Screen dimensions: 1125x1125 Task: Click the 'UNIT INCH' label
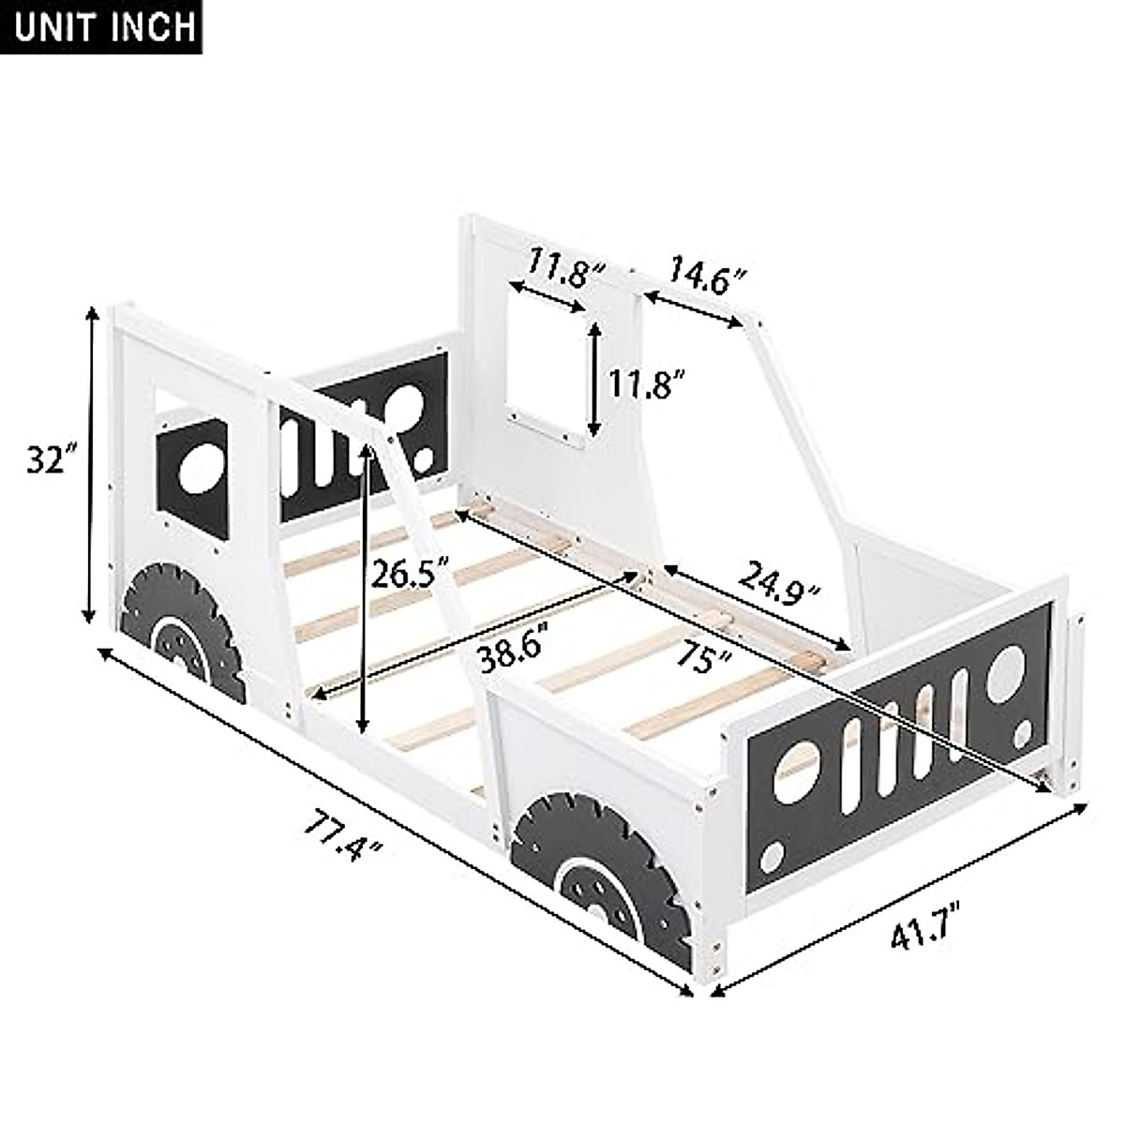point(105,25)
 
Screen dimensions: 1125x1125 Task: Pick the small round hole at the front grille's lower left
point(772,856)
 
